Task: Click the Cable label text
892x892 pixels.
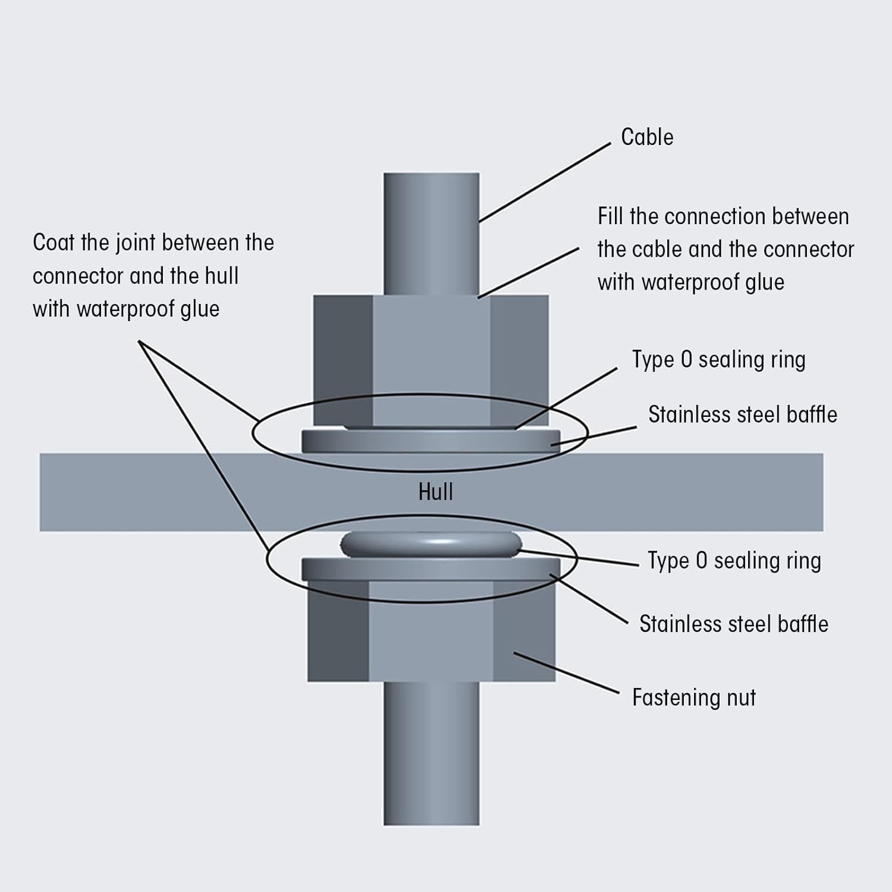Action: [x=647, y=137]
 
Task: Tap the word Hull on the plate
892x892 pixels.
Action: [x=435, y=492]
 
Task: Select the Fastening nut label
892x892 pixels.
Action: [x=693, y=698]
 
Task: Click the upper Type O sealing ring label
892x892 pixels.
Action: [x=718, y=360]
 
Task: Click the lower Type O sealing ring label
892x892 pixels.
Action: [x=734, y=561]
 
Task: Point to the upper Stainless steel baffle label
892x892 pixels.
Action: [x=742, y=414]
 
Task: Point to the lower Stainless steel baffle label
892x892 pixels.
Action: [x=733, y=624]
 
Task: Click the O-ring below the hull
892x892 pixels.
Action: [x=431, y=544]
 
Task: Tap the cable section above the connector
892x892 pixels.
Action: [x=431, y=232]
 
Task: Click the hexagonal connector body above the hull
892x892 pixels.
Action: [x=431, y=357]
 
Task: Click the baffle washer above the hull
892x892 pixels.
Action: [x=431, y=441]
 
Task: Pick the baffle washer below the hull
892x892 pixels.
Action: [x=431, y=570]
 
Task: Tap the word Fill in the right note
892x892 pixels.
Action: [x=610, y=216]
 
